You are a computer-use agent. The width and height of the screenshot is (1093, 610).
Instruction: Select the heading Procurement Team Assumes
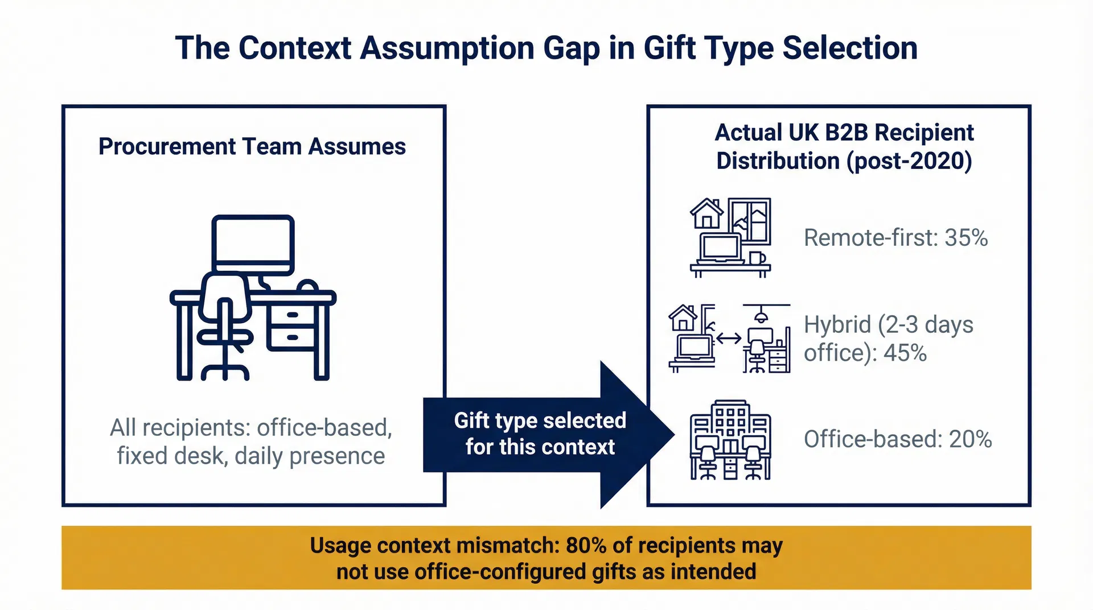click(x=252, y=147)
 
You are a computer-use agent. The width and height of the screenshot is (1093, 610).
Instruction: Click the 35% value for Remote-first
click(x=966, y=238)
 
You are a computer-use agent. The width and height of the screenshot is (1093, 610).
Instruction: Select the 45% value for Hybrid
click(x=905, y=353)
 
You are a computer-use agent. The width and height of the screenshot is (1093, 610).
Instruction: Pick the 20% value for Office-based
click(x=970, y=439)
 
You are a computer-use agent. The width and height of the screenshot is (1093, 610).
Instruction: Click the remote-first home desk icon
click(x=730, y=238)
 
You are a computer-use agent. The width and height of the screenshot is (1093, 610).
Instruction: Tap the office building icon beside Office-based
click(x=730, y=440)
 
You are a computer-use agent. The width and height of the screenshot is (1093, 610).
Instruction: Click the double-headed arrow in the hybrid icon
click(x=729, y=339)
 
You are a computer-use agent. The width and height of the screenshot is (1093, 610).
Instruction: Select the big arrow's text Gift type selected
click(x=540, y=421)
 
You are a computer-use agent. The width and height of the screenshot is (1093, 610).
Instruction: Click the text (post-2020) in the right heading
click(x=909, y=161)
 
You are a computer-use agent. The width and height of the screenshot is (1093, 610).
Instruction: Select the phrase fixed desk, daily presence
click(x=251, y=456)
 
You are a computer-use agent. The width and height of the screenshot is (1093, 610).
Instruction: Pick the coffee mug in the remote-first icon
click(x=757, y=258)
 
